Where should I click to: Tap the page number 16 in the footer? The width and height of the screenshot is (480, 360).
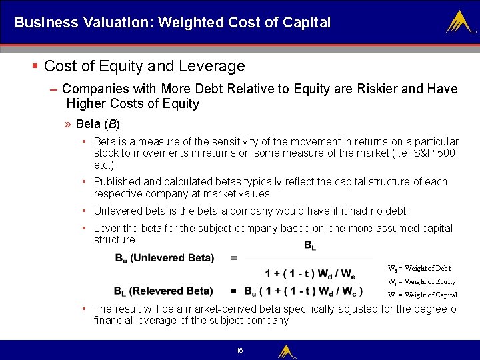(x=239, y=350)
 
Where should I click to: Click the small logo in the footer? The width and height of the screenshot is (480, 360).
(x=286, y=351)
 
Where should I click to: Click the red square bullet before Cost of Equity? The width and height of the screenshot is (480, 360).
(x=35, y=66)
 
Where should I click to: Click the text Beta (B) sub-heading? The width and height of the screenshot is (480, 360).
(x=98, y=124)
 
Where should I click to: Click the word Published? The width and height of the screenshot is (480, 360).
(x=117, y=181)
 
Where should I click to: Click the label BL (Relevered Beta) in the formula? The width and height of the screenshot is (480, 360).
(x=163, y=291)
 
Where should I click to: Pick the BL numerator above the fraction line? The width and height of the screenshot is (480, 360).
(x=309, y=246)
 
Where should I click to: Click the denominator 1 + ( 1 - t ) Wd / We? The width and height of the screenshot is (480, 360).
(x=310, y=273)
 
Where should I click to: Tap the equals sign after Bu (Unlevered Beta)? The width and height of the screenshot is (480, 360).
(x=233, y=258)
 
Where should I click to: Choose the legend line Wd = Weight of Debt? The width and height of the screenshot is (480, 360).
(x=419, y=268)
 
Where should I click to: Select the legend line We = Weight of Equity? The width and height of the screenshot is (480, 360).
(x=421, y=281)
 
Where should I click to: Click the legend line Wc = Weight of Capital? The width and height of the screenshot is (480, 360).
(x=422, y=295)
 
